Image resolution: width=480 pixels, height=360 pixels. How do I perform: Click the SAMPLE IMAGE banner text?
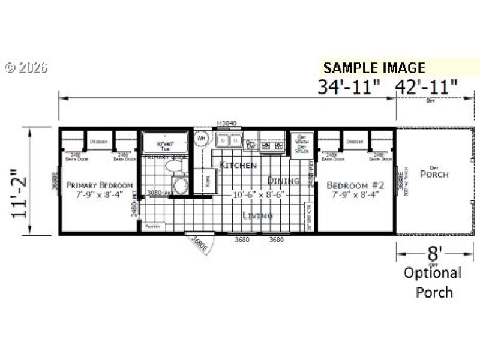[374, 67]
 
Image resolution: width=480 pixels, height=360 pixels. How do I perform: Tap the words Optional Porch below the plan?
[432, 282]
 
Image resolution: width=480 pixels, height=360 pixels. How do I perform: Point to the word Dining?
[283, 180]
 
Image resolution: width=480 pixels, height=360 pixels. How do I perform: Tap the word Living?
[257, 215]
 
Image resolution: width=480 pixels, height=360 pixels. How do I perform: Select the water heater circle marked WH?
[200, 139]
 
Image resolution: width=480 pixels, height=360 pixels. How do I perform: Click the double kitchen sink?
[229, 142]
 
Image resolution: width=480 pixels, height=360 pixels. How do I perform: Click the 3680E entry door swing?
[199, 243]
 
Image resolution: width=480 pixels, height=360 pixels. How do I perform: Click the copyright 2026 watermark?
[26, 68]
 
